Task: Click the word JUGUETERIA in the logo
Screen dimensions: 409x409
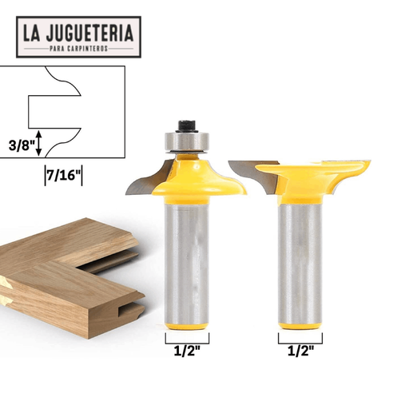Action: click(89, 33)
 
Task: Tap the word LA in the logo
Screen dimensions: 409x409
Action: click(31, 33)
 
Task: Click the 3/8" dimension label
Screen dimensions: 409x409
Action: click(22, 145)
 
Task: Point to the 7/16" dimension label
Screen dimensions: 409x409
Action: click(63, 176)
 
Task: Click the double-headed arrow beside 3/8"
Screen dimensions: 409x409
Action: click(39, 143)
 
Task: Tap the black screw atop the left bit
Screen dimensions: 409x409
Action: click(187, 126)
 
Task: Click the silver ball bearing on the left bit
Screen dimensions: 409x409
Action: click(187, 141)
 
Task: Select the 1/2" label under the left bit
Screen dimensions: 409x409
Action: click(187, 351)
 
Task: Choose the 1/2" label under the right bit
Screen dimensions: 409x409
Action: click(301, 351)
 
